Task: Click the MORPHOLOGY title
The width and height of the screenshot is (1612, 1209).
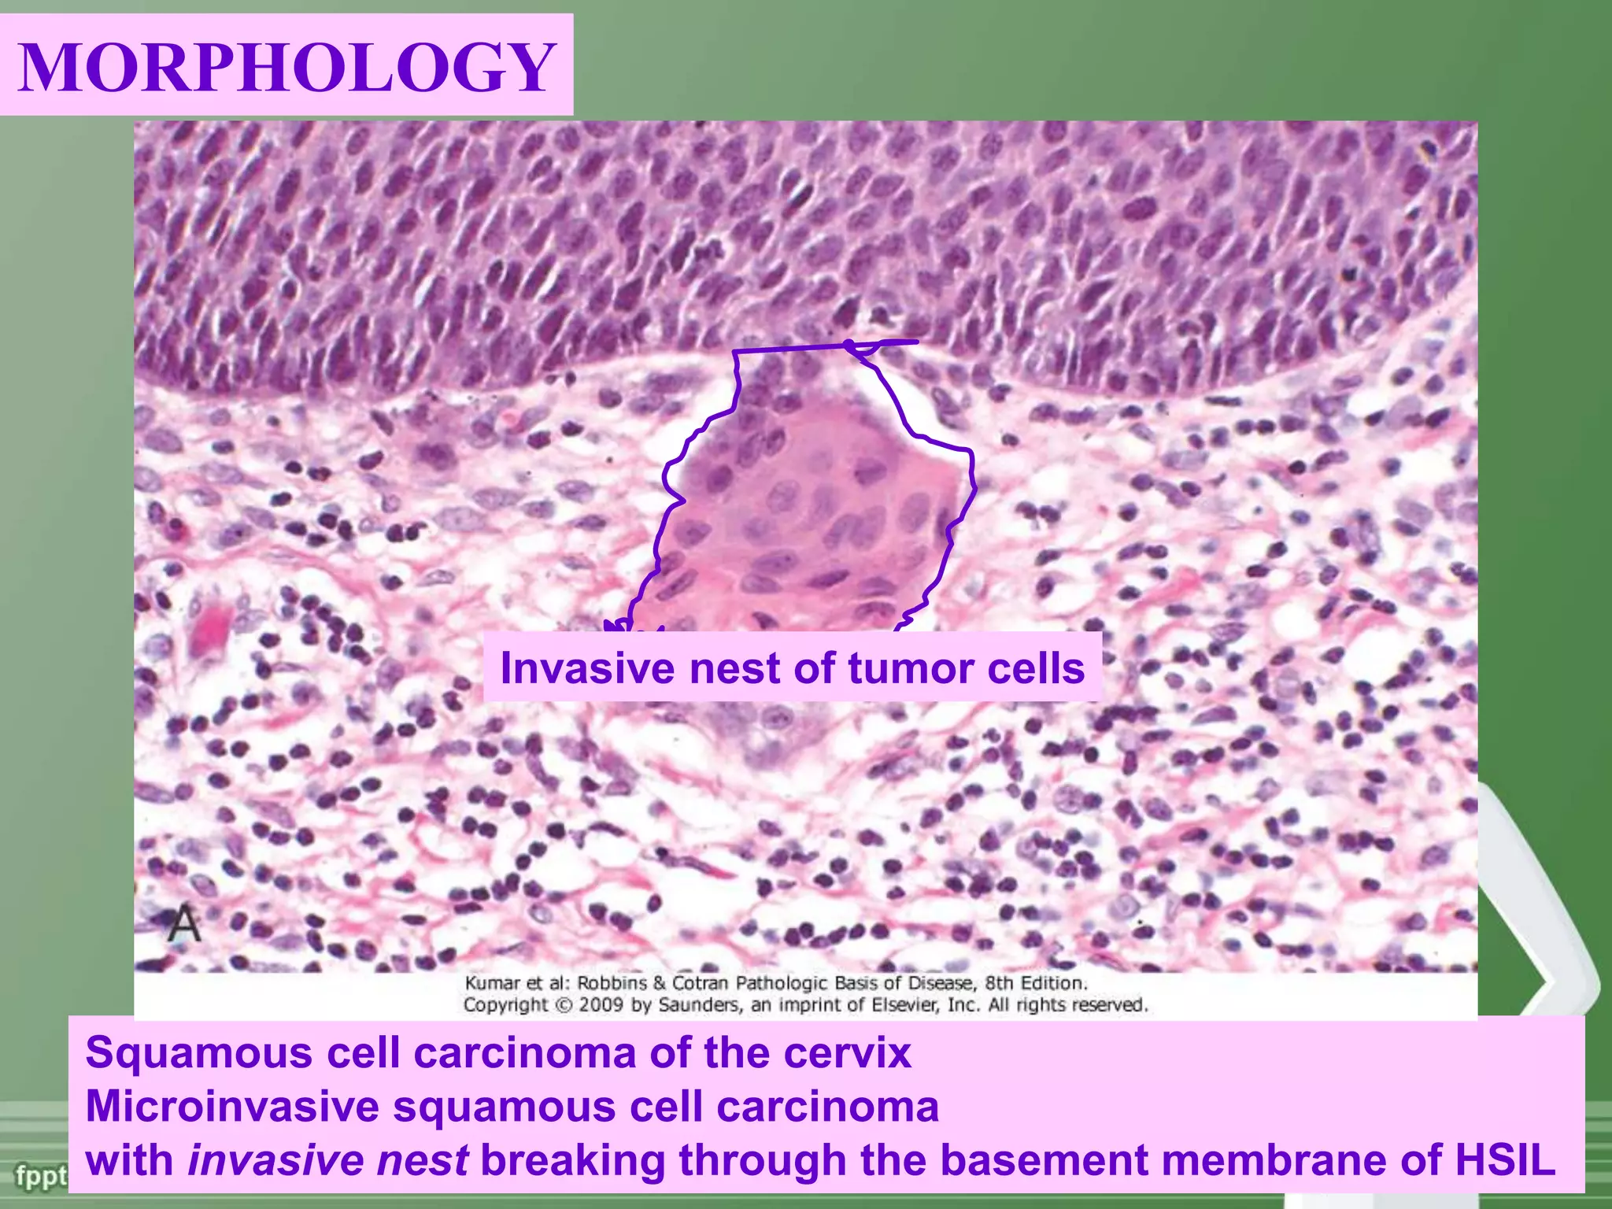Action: point(287,66)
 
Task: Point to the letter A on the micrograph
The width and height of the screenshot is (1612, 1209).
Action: point(184,924)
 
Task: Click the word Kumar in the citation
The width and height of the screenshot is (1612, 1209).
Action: point(494,983)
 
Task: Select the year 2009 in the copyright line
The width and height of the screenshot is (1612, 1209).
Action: point(602,1005)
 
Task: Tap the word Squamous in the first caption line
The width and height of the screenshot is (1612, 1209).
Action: point(198,1053)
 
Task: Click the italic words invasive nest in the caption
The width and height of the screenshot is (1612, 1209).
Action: point(328,1160)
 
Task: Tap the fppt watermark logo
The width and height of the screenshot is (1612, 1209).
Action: point(39,1178)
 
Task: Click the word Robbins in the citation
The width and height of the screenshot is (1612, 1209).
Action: point(612,983)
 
